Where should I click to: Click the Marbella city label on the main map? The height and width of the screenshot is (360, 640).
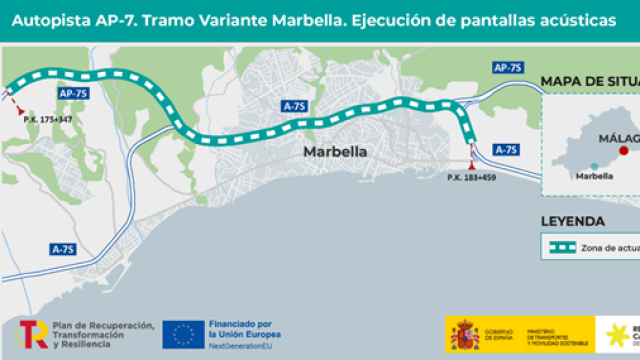pos(334,152)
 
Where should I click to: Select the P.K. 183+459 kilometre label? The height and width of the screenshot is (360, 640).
pos(471,178)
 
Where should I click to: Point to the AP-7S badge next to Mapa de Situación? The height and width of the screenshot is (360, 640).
pos(509,67)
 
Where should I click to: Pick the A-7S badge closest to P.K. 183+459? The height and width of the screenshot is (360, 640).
pos(506,149)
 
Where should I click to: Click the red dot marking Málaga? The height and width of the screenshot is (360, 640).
pos(624,151)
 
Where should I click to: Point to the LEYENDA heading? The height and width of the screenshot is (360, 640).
pos(572,221)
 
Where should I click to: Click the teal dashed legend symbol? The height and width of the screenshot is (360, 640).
pos(559,246)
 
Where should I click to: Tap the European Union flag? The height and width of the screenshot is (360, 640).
pos(183,334)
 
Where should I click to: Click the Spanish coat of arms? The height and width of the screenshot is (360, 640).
pos(464,335)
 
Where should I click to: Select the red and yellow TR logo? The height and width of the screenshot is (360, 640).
pos(32,334)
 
